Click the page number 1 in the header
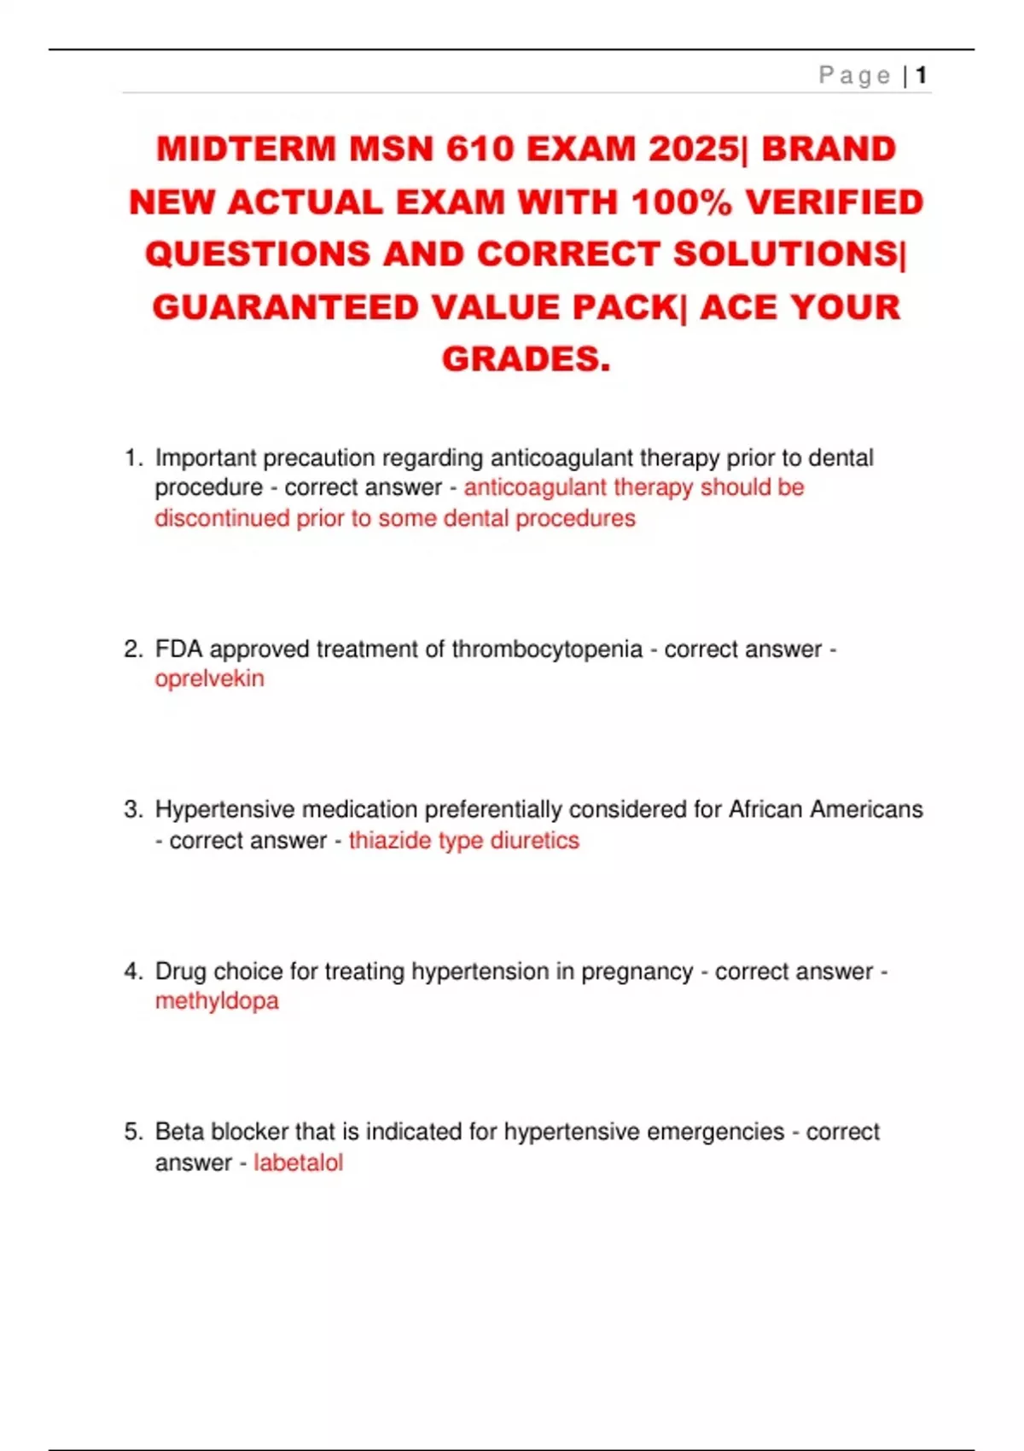pyautogui.click(x=922, y=76)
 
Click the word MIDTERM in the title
pyautogui.click(x=246, y=149)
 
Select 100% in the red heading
pyautogui.click(x=681, y=202)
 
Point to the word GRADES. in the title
pyautogui.click(x=526, y=359)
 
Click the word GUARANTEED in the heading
pyautogui.click(x=285, y=307)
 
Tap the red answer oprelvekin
pyautogui.click(x=209, y=679)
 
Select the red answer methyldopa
pyautogui.click(x=217, y=1000)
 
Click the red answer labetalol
pyautogui.click(x=298, y=1163)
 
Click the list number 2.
pyautogui.click(x=132, y=649)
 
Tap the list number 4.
pyautogui.click(x=132, y=971)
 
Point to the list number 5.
pyautogui.click(x=132, y=1132)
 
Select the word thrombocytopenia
pyautogui.click(x=547, y=649)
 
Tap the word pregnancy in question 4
pyautogui.click(x=637, y=971)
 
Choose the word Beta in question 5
pyautogui.click(x=179, y=1132)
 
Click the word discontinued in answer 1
pyautogui.click(x=222, y=519)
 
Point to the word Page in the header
pyautogui.click(x=854, y=76)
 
